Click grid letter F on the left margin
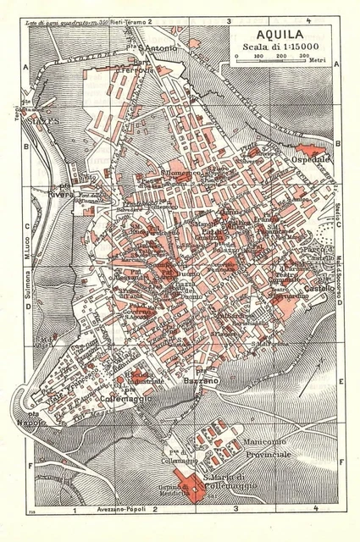(x=28, y=463)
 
